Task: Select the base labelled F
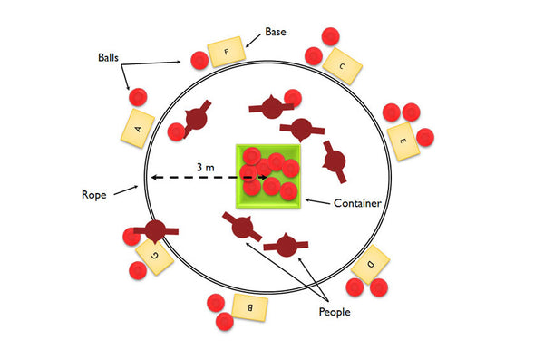click(226, 52)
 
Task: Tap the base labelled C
click(342, 65)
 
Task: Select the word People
click(335, 311)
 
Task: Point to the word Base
click(277, 33)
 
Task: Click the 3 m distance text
click(206, 167)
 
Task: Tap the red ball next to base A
click(137, 97)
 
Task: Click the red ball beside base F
click(199, 61)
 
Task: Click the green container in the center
click(268, 176)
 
